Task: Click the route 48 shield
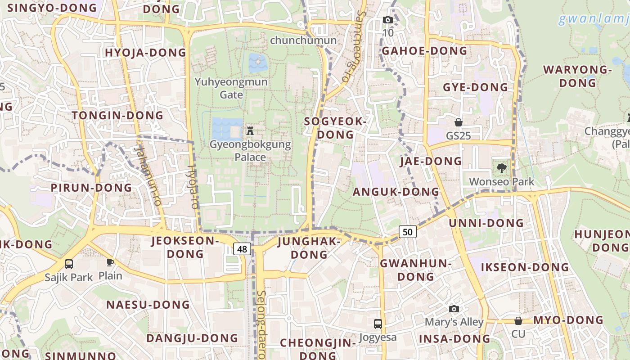click(242, 249)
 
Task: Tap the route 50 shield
click(407, 232)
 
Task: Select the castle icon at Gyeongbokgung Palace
click(250, 131)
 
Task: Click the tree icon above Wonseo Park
click(501, 168)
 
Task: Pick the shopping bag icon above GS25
click(458, 122)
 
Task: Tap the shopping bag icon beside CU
click(518, 320)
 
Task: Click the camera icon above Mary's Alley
click(454, 309)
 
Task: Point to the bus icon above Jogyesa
click(378, 324)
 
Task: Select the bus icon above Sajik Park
click(69, 264)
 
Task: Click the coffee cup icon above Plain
click(110, 262)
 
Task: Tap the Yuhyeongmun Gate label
click(231, 88)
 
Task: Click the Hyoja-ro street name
click(193, 186)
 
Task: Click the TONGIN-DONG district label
click(117, 115)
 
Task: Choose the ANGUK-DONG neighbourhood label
click(396, 192)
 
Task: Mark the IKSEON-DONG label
click(525, 267)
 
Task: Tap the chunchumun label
click(303, 40)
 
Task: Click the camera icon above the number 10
click(387, 20)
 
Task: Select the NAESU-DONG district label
click(148, 305)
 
